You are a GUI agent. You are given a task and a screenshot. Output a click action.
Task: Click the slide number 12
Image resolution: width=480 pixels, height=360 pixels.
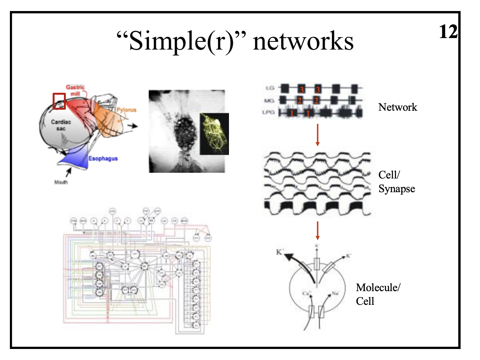(x=448, y=32)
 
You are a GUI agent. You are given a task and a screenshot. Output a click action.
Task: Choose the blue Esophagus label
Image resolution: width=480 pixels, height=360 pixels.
(x=103, y=158)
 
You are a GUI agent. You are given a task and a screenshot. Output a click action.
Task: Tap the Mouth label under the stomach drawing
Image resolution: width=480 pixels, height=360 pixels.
(x=61, y=182)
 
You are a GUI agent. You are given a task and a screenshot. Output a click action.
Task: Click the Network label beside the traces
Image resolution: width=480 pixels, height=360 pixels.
(x=397, y=107)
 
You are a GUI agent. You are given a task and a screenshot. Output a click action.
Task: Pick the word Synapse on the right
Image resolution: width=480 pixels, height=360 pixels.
(x=396, y=188)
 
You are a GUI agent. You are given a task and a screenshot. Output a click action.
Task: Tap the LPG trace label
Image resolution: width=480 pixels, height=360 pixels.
(x=271, y=112)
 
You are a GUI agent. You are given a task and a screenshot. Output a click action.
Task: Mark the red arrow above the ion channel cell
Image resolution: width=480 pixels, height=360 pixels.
(x=317, y=231)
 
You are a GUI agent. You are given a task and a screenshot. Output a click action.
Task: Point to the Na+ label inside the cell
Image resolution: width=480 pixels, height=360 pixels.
(x=335, y=293)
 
